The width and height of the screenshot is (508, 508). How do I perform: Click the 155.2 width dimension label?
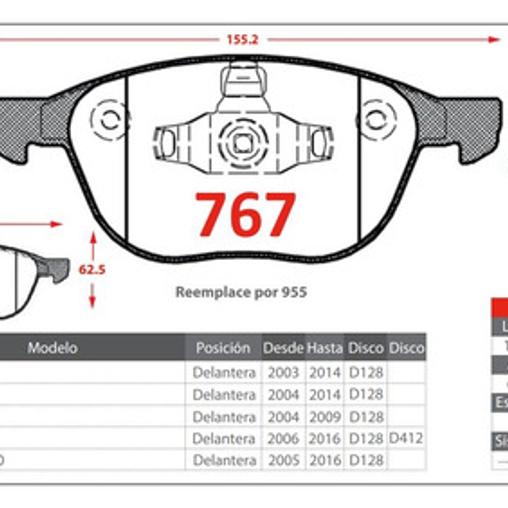point(242,39)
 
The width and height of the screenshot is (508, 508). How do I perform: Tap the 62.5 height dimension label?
point(92,269)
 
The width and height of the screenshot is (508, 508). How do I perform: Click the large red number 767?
point(246,215)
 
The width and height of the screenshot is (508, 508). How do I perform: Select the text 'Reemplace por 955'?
point(241,292)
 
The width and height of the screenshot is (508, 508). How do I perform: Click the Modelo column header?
point(53,348)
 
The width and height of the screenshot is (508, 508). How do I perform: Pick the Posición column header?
point(223,348)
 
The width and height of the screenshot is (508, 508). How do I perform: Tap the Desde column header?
point(283,348)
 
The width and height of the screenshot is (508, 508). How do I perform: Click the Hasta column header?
point(324,348)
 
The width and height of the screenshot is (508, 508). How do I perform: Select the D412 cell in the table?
point(406,438)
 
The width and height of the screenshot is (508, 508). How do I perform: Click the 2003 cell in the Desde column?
point(283,373)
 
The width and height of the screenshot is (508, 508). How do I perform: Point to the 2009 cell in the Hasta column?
point(325,417)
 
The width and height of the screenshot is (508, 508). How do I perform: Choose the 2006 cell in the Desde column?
point(283,438)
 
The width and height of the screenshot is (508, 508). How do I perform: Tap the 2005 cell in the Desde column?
point(283,460)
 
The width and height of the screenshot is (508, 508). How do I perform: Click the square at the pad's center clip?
point(243,143)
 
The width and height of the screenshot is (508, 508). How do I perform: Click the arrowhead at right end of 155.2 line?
point(494,39)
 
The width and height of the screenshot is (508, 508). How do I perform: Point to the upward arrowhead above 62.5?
point(93,237)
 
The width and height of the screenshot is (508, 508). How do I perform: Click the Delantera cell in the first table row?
point(224,373)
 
